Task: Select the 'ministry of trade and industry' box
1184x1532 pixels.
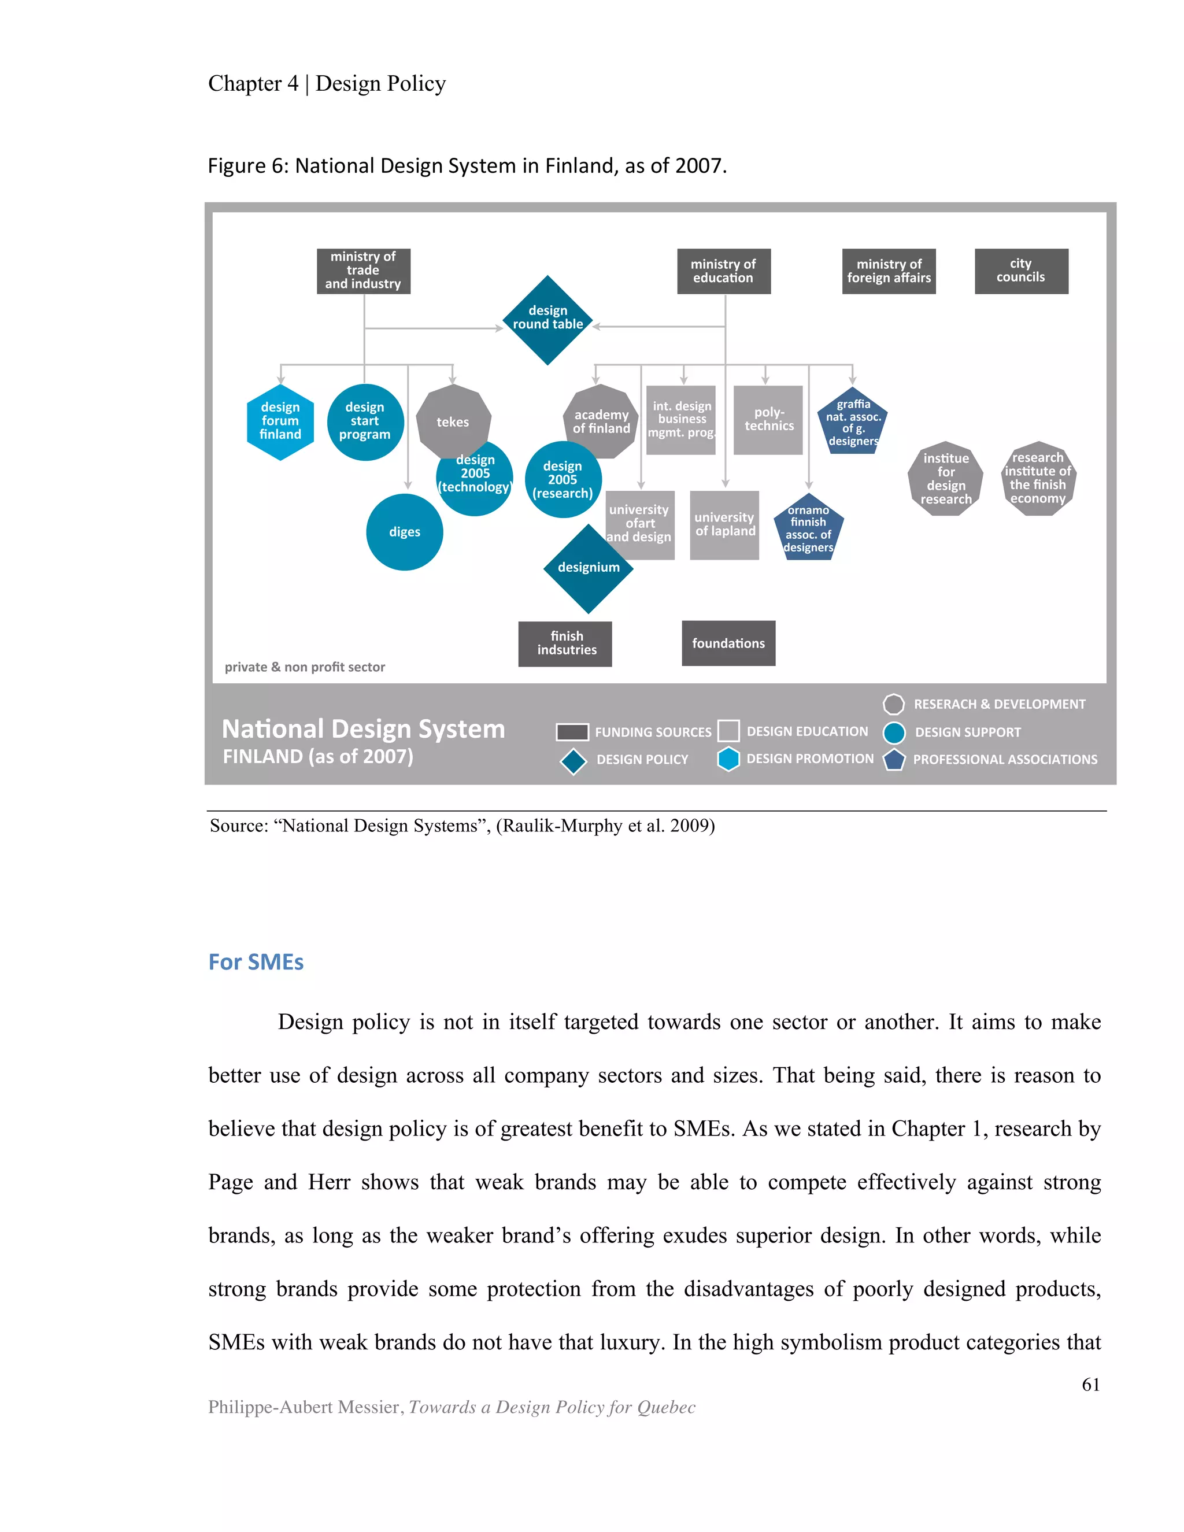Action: (363, 271)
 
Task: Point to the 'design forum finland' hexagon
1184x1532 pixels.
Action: (280, 421)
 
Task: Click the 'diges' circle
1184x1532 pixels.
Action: (404, 532)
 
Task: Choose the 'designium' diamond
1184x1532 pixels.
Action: (588, 568)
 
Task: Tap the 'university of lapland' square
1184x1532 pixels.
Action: (724, 525)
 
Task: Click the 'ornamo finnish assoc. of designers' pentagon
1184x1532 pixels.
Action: (808, 528)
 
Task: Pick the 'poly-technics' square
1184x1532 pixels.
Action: (768, 420)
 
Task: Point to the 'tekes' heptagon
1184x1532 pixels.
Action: (453, 421)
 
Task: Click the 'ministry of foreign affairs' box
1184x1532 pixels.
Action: (889, 271)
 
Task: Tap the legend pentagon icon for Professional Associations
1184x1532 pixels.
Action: (894, 760)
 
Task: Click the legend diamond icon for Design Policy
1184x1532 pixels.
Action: (573, 761)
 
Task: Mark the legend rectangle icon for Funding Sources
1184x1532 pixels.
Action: (572, 732)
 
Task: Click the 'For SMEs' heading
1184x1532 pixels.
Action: (256, 962)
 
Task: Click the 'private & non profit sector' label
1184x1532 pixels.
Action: (305, 667)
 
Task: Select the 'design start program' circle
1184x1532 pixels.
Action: (365, 421)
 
